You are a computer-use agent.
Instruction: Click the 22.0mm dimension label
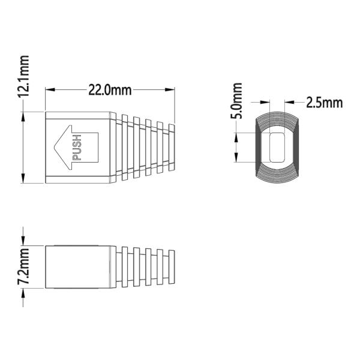(110, 90)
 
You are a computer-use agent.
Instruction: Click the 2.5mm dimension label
(324, 101)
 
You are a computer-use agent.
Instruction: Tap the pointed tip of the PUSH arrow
(55, 146)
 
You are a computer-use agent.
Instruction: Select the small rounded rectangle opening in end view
(277, 147)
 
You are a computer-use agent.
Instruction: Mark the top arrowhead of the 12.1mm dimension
(23, 115)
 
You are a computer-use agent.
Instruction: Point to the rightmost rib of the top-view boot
(172, 146)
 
